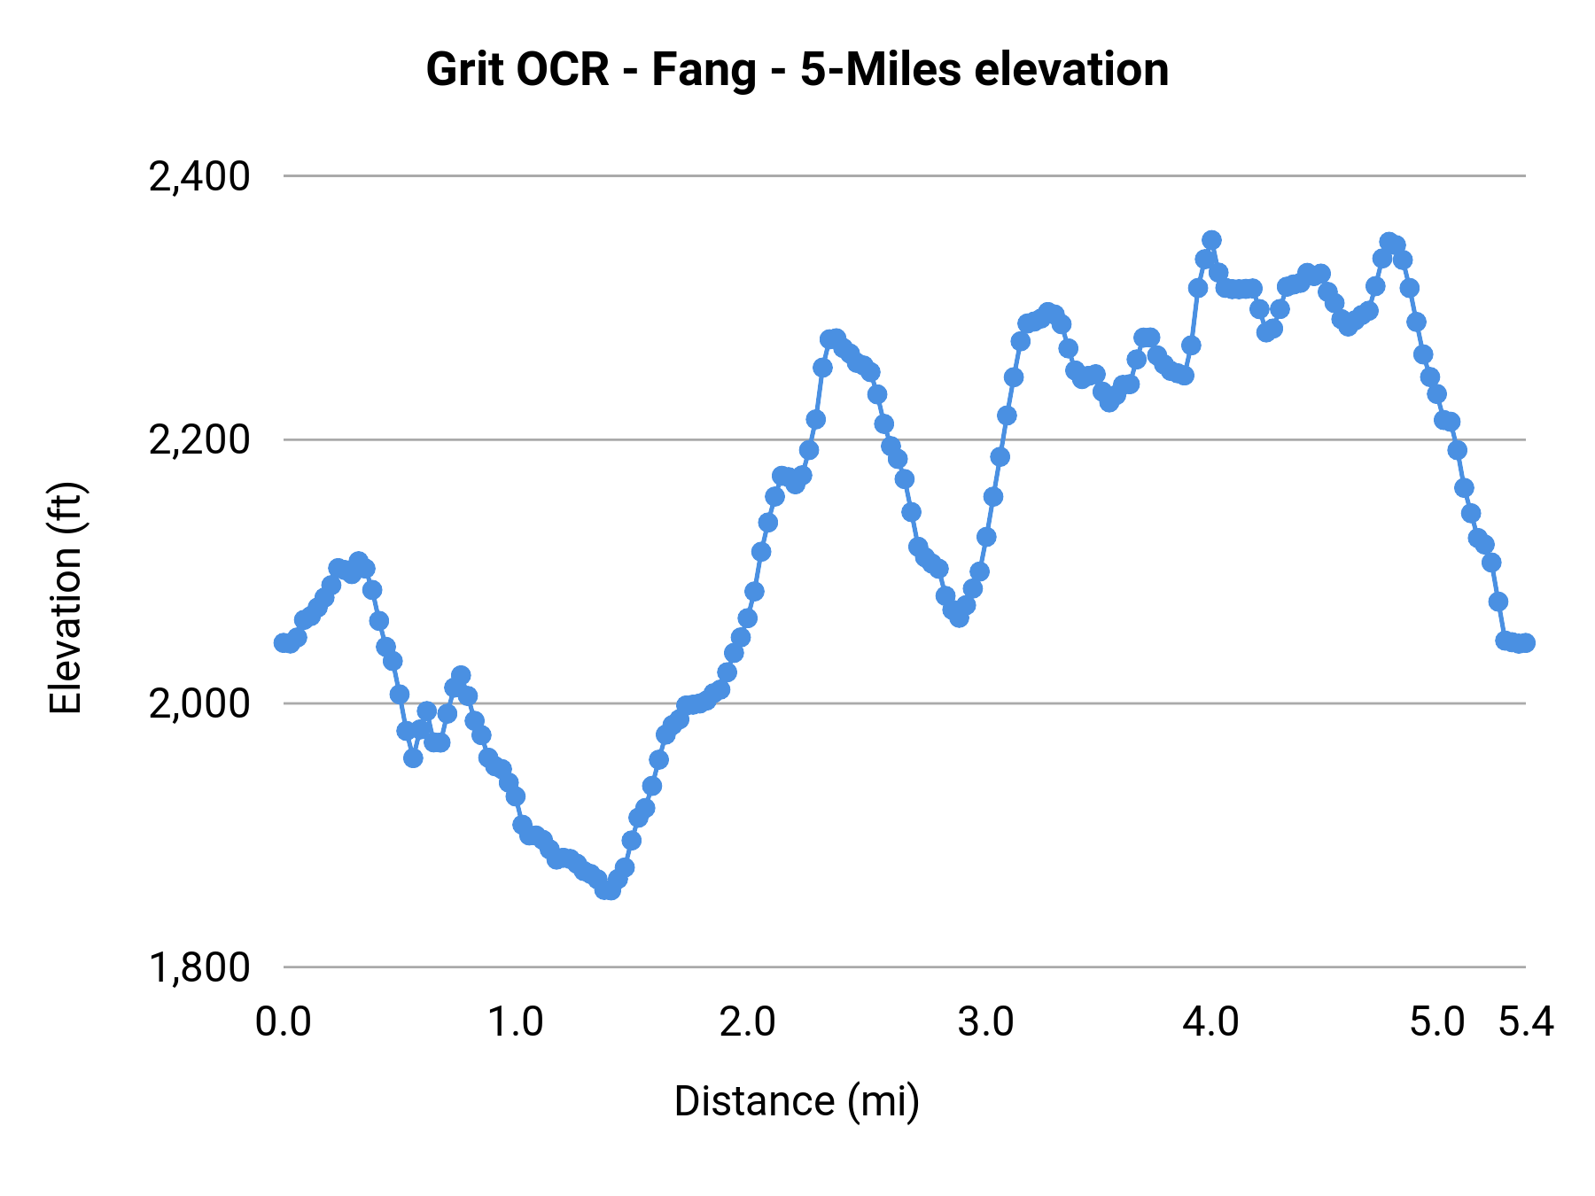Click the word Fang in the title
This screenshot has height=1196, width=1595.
point(704,70)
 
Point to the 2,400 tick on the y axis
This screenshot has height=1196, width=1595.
point(199,177)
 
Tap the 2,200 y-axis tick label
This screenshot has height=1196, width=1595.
point(199,440)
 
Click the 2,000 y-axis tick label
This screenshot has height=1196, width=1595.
point(199,704)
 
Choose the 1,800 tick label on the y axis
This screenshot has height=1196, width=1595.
point(199,967)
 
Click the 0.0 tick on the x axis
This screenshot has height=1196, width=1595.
point(283,1022)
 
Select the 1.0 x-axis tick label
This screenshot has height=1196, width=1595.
point(516,1022)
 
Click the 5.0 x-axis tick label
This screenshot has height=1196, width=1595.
point(1436,1022)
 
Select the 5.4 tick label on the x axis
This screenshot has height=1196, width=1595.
point(1526,1022)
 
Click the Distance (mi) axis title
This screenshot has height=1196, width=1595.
point(797,1101)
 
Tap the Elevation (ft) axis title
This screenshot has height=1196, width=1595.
point(66,599)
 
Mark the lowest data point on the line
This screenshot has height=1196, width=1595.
point(609,889)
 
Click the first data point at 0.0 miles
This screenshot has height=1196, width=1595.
point(283,642)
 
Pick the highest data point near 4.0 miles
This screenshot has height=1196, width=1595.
point(1211,240)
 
